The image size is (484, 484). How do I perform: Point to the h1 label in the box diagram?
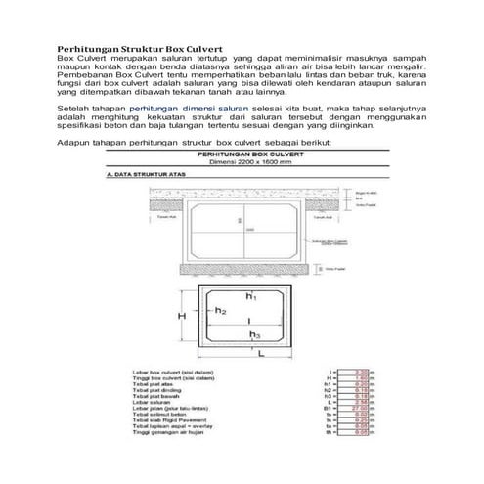(x=251, y=294)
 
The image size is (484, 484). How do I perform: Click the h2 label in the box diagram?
(x=222, y=311)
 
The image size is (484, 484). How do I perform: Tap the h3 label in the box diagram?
(x=254, y=333)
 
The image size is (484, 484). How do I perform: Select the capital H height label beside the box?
(x=182, y=317)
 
